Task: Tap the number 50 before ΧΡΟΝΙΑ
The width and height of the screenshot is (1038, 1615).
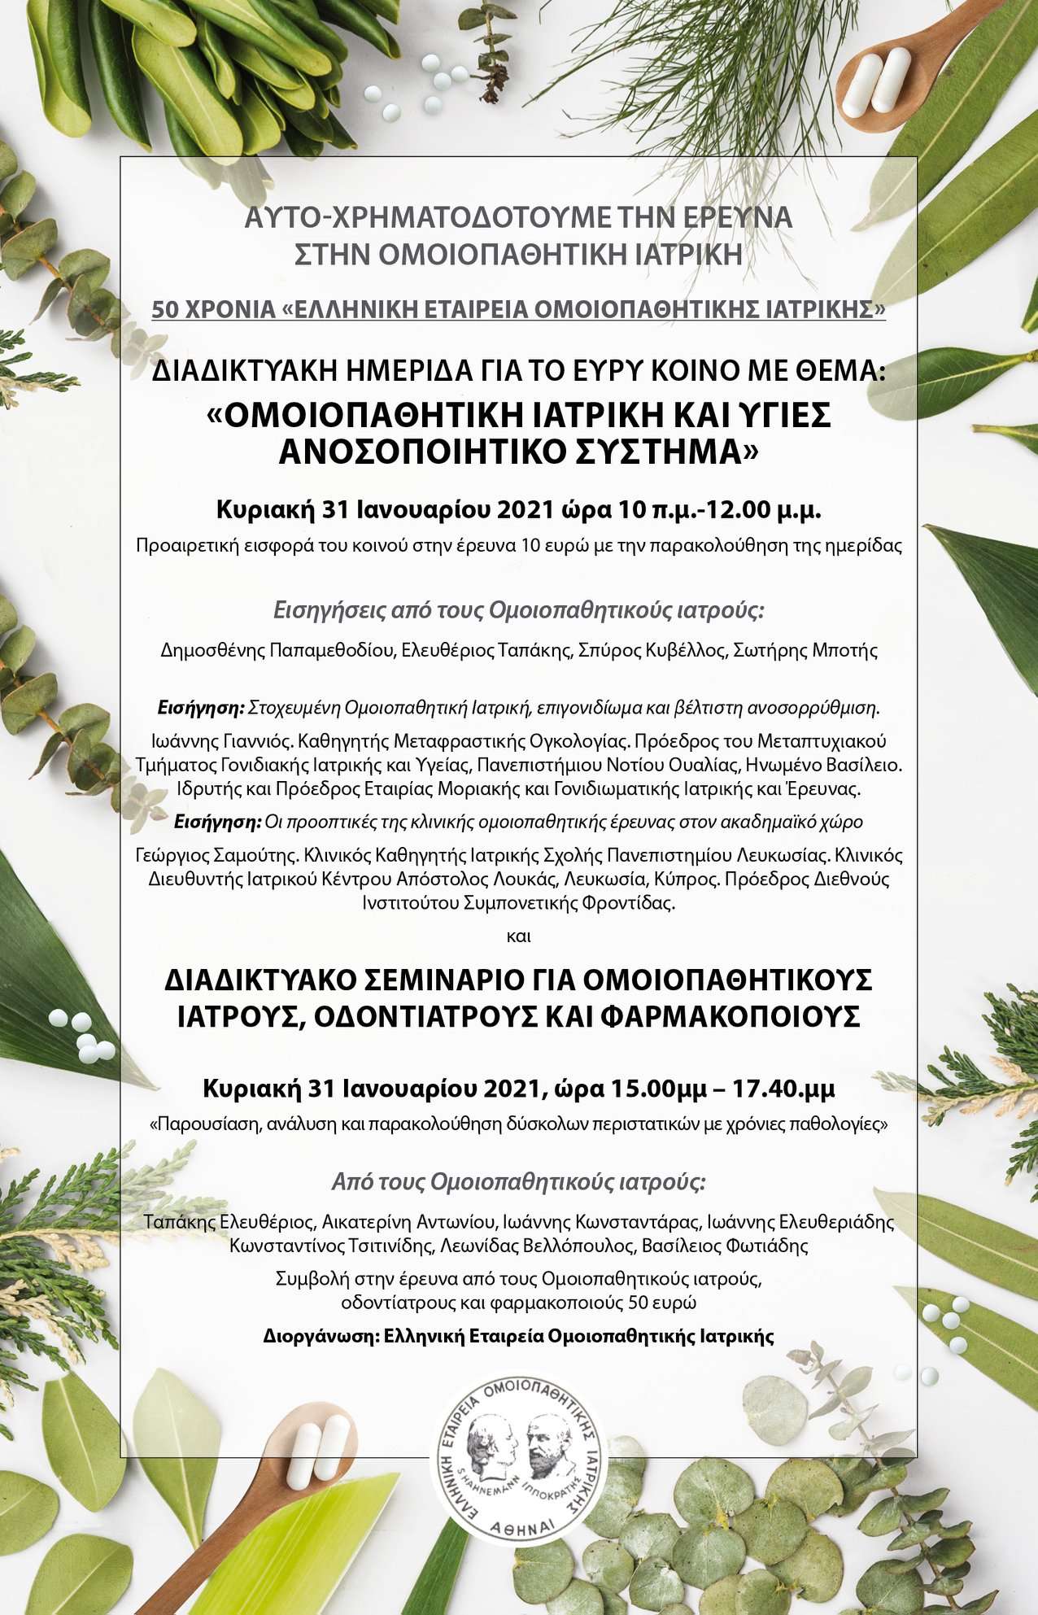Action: [x=165, y=310]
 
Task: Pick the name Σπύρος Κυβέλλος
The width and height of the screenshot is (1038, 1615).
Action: [x=651, y=650]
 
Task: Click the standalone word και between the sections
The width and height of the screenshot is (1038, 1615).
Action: [x=518, y=936]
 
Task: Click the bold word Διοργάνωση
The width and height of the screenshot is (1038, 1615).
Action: [x=321, y=1336]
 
